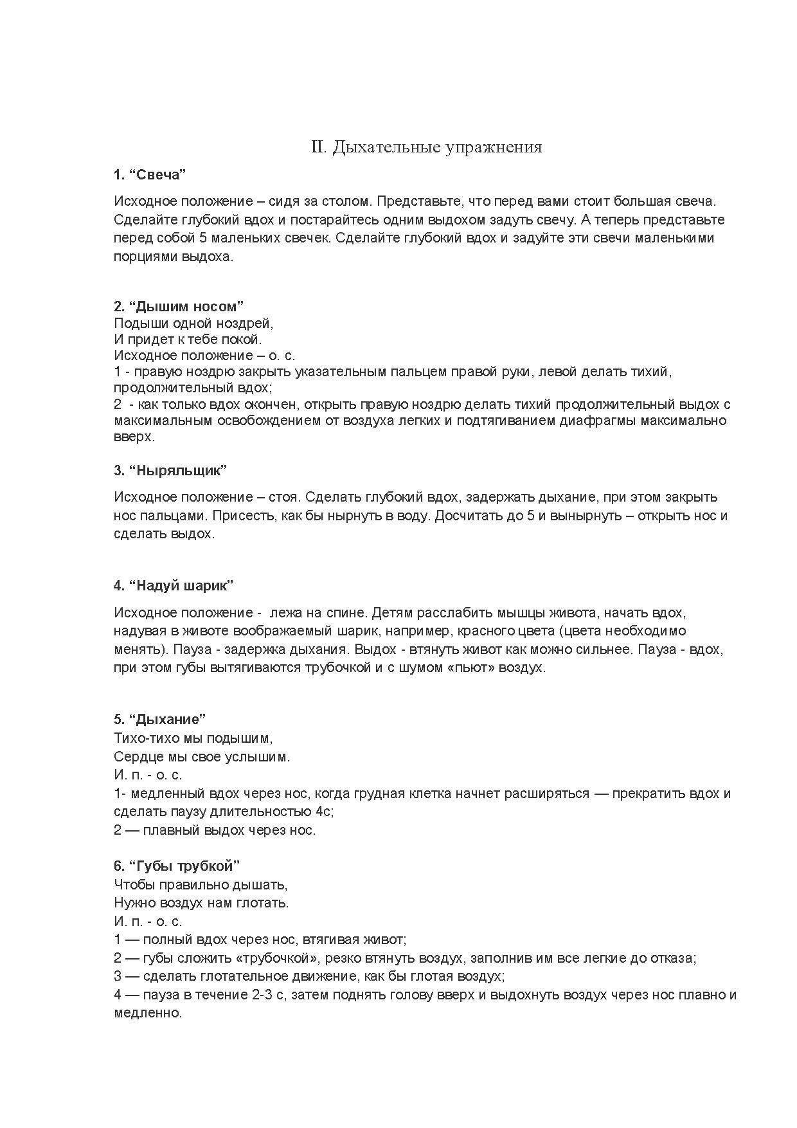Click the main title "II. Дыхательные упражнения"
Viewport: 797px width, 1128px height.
(426, 147)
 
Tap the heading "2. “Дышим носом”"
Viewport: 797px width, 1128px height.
(179, 306)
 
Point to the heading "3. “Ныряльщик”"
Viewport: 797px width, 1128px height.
(170, 470)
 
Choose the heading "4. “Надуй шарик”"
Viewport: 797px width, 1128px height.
(173, 586)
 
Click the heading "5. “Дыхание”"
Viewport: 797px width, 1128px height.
(159, 719)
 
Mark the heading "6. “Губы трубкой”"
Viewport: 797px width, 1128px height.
(176, 866)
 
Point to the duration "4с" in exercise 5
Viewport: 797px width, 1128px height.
(324, 812)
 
